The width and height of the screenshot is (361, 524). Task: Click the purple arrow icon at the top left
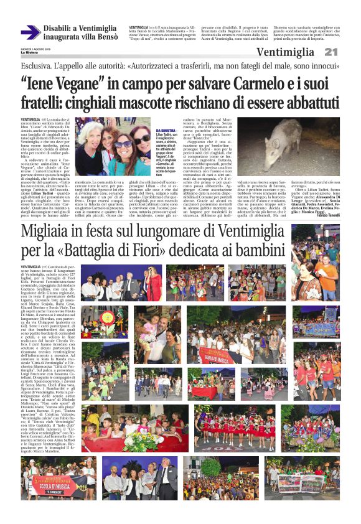(30, 32)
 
